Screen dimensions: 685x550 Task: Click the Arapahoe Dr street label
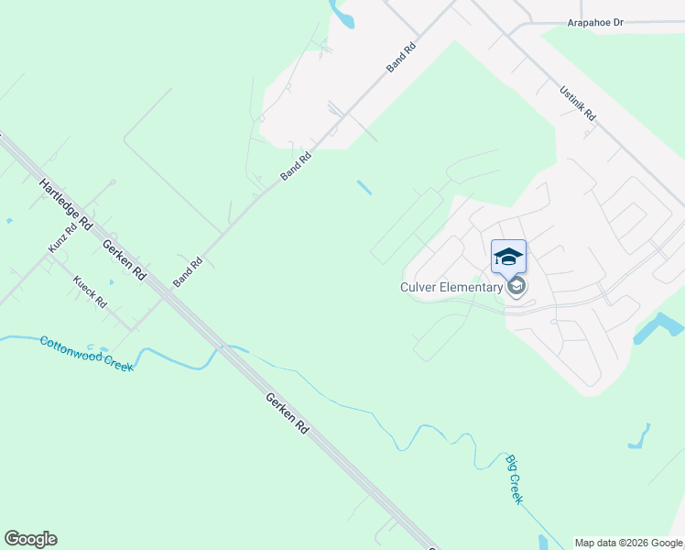[x=595, y=22]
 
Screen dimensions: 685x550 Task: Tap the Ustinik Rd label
[x=578, y=103]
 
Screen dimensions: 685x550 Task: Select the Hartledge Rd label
[x=67, y=203]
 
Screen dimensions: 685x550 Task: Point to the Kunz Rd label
[x=62, y=237]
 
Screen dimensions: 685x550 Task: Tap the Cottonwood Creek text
[x=86, y=353]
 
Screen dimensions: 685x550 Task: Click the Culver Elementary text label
[x=451, y=287]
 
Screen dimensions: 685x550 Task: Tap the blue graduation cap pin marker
[x=509, y=256]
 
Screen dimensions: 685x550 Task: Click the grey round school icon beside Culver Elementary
[x=517, y=288]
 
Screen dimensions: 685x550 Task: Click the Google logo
[x=30, y=539]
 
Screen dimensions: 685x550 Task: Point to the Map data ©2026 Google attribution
[x=627, y=543]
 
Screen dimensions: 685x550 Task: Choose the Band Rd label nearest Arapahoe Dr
[x=401, y=57]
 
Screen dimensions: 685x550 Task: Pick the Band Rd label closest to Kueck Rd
[x=188, y=269]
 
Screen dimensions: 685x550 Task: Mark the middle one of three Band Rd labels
[x=297, y=166]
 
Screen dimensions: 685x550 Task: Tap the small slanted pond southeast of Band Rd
[x=364, y=187]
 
